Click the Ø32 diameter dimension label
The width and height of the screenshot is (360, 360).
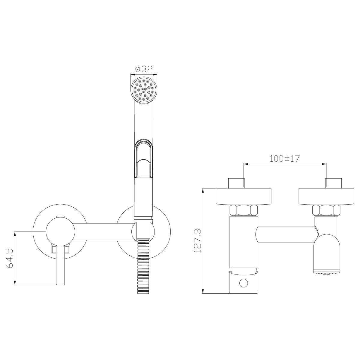pos(144,69)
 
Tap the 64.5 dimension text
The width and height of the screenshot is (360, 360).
pos(10,258)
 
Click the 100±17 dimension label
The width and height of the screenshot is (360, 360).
pos(285,158)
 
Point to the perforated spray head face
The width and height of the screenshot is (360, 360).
pos(144,90)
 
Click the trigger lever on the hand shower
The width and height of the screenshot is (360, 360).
pos(144,158)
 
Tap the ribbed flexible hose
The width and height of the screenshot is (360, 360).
pos(143,267)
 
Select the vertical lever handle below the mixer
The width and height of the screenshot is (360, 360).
pos(60,265)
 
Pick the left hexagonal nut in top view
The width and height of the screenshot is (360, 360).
pos(244,210)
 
